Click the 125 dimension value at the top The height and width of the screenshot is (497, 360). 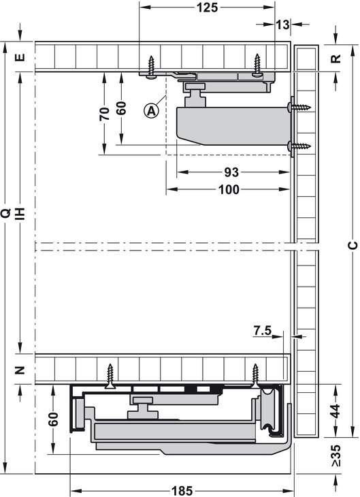(208, 7)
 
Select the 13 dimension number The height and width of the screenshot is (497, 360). (282, 25)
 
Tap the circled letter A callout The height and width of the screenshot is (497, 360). (152, 111)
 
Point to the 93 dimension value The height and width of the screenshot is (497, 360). (231, 172)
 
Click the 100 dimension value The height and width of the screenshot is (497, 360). (229, 189)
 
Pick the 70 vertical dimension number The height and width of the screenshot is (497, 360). (104, 114)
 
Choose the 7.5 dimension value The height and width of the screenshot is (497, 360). (263, 331)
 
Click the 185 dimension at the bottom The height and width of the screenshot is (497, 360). (182, 491)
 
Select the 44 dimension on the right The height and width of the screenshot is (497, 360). (336, 411)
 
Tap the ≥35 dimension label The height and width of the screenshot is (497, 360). (336, 455)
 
